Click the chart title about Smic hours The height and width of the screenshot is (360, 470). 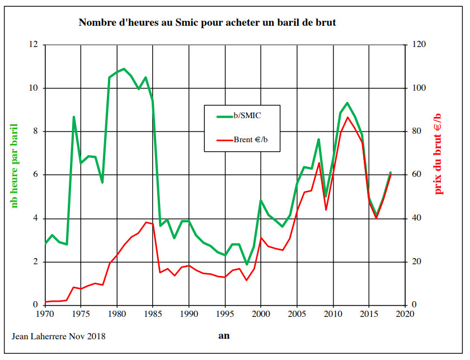(207, 23)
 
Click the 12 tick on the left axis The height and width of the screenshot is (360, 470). (35, 45)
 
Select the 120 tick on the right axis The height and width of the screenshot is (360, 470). (420, 45)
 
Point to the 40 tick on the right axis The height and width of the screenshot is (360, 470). (417, 218)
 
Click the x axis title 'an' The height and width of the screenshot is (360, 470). (224, 336)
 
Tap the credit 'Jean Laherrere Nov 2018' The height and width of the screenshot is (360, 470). (58, 336)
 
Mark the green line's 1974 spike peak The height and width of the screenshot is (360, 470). (74, 117)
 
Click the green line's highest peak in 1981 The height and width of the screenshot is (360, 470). (124, 69)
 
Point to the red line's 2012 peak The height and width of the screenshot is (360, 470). (347, 117)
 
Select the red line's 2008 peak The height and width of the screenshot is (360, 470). (319, 163)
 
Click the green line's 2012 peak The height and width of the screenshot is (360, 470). (347, 103)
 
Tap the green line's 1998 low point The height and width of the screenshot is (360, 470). (247, 264)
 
